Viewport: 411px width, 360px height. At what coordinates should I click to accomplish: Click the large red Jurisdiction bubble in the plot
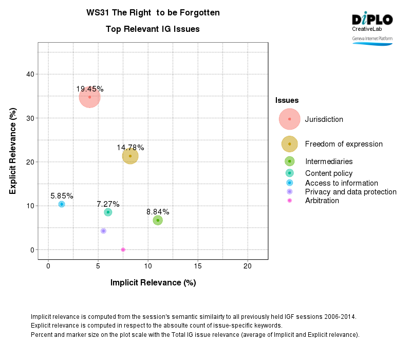click(89, 97)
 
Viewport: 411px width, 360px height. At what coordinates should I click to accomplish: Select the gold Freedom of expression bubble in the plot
click(130, 156)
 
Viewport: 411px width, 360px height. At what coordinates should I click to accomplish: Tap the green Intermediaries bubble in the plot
click(158, 220)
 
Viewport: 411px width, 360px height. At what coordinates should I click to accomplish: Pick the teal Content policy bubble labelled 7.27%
click(108, 212)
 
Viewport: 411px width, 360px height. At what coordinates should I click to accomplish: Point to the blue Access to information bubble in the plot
click(62, 204)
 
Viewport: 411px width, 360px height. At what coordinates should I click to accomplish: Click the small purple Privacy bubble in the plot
click(103, 231)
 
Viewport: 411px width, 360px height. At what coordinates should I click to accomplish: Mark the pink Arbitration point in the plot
click(123, 249)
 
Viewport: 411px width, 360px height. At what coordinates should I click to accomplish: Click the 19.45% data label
click(90, 89)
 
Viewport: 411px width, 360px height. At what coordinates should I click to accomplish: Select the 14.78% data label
click(130, 148)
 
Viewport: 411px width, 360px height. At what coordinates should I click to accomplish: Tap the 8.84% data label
click(158, 212)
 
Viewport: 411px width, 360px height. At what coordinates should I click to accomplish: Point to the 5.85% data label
click(62, 196)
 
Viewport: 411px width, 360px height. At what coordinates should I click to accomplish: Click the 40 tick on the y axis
click(30, 74)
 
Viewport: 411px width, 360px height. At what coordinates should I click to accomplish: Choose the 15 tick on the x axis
click(198, 266)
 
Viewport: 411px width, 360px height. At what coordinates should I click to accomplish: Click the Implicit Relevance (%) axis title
click(153, 282)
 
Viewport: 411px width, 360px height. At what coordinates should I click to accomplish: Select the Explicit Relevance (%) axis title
click(13, 151)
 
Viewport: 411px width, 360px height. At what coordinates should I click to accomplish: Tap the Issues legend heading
click(287, 100)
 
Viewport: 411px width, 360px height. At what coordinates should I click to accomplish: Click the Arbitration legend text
click(322, 201)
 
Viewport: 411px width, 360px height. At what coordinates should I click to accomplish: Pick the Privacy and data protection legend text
click(350, 192)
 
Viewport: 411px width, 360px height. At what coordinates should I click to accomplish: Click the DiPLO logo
click(372, 20)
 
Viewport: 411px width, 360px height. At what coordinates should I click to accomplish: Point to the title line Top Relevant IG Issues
click(153, 29)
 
